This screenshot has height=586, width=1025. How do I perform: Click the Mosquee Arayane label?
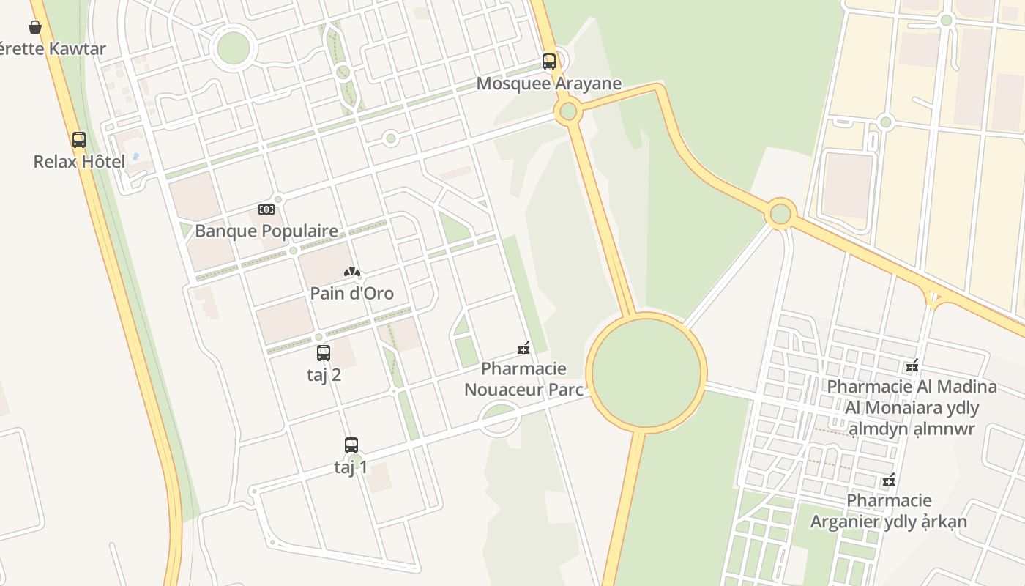[x=548, y=84]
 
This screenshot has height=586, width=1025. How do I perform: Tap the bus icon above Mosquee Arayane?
[x=549, y=62]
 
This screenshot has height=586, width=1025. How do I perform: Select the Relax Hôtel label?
[x=79, y=161]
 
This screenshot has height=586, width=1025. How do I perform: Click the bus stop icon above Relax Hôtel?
[x=79, y=140]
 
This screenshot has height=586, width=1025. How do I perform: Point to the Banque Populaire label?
[x=266, y=231]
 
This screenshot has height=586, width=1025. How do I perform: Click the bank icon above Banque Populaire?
[x=266, y=209]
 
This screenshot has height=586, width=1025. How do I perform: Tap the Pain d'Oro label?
[x=351, y=294]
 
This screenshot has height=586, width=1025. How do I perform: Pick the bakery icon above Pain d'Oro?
[x=352, y=272]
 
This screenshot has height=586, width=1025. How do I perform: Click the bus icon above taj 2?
[x=324, y=353]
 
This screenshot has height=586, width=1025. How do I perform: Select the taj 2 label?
[x=324, y=375]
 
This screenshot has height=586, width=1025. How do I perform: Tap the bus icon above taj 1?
[x=351, y=445]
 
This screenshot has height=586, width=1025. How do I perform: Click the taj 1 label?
[x=351, y=467]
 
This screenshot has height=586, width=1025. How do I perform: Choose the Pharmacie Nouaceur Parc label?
[x=523, y=379]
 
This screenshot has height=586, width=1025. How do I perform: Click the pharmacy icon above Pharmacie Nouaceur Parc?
[x=523, y=349]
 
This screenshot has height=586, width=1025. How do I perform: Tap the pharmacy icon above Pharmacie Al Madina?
[x=912, y=366]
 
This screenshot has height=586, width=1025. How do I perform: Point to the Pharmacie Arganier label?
[x=888, y=511]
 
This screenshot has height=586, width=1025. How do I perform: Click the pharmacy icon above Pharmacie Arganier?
[x=889, y=481]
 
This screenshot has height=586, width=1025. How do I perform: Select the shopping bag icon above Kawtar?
[x=35, y=27]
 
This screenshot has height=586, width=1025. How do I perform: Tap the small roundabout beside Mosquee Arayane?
[x=567, y=112]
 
